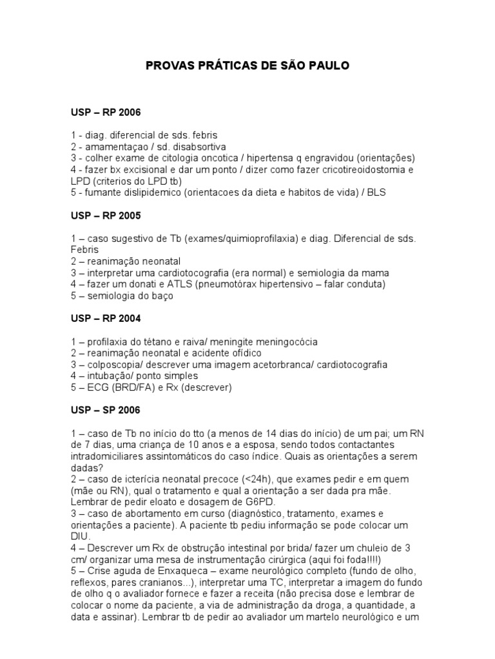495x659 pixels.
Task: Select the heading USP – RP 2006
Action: [106, 113]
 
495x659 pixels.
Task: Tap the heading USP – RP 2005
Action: [106, 216]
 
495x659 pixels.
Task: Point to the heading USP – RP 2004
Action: [106, 319]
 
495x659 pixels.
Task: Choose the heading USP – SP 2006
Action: [106, 410]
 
